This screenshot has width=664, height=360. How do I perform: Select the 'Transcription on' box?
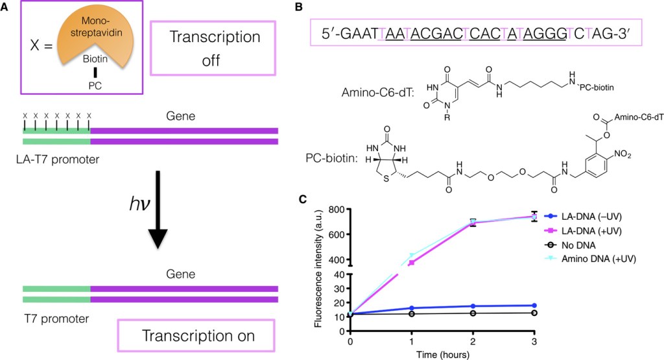198,336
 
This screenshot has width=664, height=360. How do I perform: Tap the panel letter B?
299,8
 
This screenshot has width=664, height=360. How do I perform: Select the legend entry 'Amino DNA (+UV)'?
595,259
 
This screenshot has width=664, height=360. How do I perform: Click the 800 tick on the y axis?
335,210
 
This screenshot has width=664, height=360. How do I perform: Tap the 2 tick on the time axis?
473,341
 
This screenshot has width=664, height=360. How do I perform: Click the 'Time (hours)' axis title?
442,354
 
